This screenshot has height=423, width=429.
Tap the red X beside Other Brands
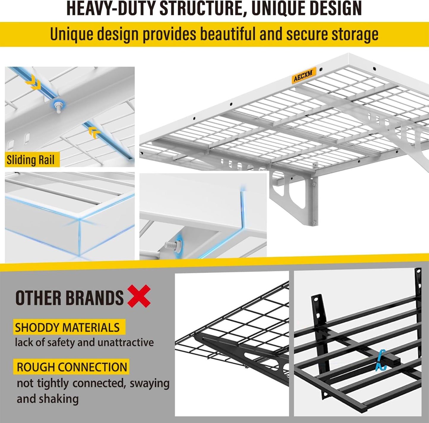coord(139,296)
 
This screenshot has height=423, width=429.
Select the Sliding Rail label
coord(31,160)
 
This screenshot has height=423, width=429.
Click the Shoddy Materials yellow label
coord(67,327)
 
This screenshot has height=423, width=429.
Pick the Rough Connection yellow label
coord(72,367)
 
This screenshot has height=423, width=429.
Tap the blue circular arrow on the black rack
coord(381,360)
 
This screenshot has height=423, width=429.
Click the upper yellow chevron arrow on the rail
coord(33,82)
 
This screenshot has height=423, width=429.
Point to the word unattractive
coord(126,342)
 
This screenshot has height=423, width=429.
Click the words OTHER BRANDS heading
coord(69,298)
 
